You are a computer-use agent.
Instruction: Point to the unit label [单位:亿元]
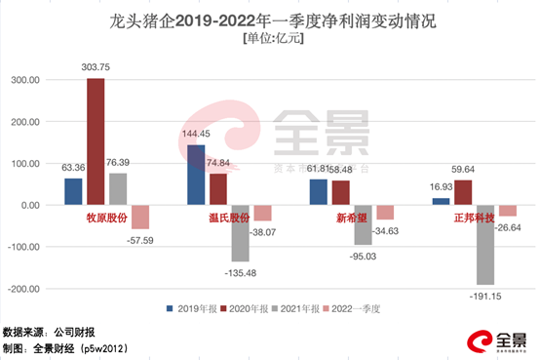click(x=269, y=38)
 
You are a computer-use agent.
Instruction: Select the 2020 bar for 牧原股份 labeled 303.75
click(x=96, y=141)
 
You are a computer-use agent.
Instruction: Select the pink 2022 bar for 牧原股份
click(x=140, y=218)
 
